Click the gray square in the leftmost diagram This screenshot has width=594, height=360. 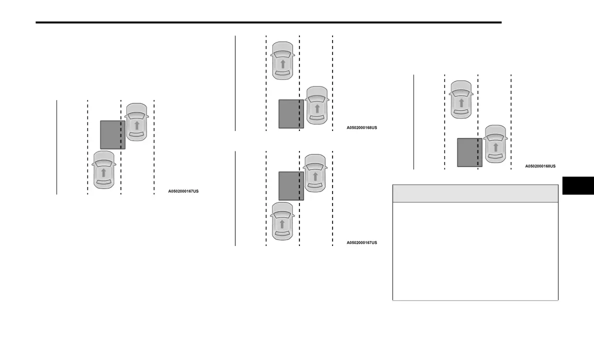[x=112, y=134]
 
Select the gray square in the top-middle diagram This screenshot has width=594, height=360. [x=291, y=114]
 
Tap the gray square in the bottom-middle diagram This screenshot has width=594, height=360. [x=291, y=186]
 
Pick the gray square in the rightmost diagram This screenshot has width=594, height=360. [x=469, y=152]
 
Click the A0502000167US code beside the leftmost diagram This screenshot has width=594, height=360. [x=183, y=191]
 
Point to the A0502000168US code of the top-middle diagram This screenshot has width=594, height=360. [x=361, y=127]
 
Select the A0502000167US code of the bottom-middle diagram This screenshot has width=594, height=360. [x=361, y=242]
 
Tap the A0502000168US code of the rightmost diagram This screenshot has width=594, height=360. [x=540, y=166]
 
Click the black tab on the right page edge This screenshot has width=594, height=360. [x=578, y=185]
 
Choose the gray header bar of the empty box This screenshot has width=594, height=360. [x=475, y=193]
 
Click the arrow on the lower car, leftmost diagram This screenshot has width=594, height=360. [x=103, y=172]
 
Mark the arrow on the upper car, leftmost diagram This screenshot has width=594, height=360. [x=136, y=125]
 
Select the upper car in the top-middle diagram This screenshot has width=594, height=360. [x=282, y=60]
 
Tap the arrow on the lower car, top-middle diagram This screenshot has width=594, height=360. [x=316, y=108]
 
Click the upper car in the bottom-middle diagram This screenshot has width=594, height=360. [x=315, y=173]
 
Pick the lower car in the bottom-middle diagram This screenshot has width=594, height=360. [x=282, y=220]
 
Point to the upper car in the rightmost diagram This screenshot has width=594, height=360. [x=461, y=99]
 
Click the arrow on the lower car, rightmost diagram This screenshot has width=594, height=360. [x=495, y=147]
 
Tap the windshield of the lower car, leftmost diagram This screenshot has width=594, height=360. [x=104, y=162]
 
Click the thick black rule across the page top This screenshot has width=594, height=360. [x=268, y=22]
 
